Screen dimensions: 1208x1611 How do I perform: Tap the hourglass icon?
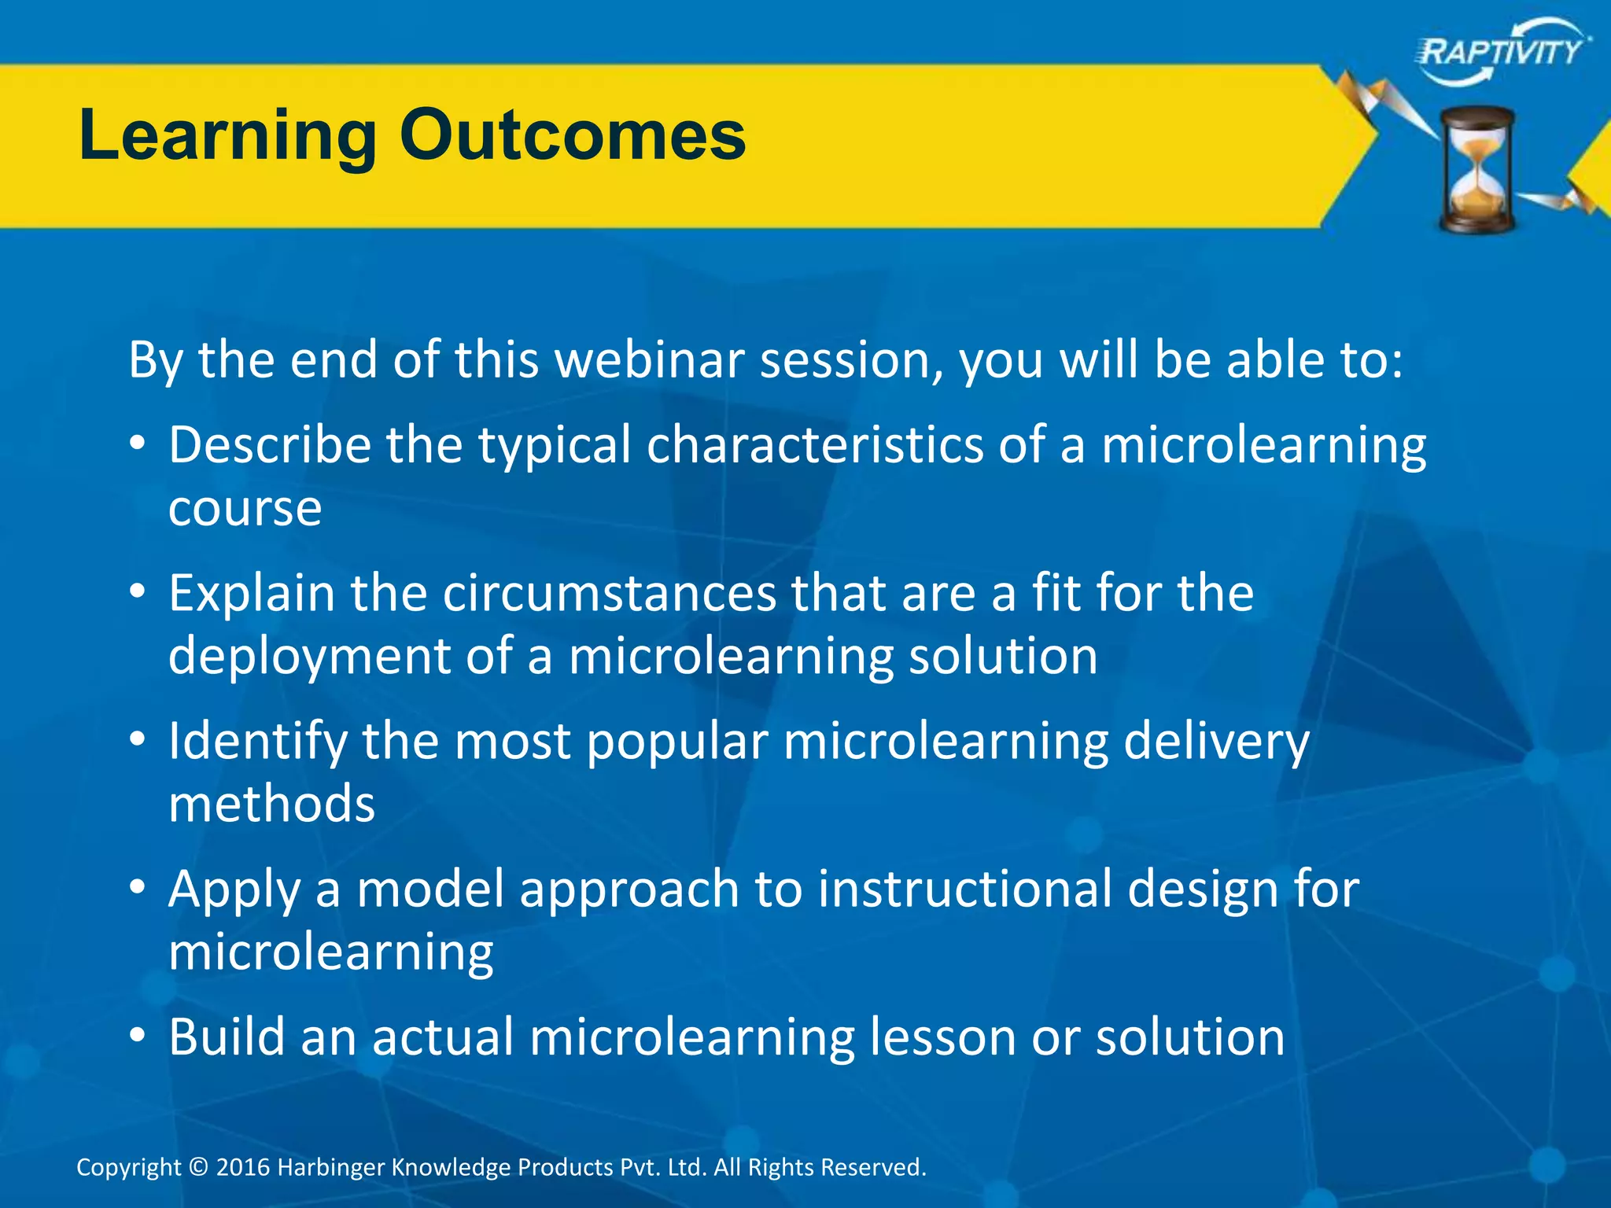[x=1477, y=171]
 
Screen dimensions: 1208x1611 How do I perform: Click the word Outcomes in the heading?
[x=572, y=135]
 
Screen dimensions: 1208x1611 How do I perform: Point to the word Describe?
[x=269, y=445]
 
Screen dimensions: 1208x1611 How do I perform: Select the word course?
[x=245, y=509]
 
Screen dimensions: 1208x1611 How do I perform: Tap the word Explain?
[x=252, y=594]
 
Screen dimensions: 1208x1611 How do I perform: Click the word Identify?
[x=257, y=742]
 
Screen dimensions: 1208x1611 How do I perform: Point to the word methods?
[x=271, y=804]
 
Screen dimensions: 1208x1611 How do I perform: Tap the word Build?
[x=227, y=1037]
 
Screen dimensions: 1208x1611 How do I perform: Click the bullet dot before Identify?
[x=138, y=740]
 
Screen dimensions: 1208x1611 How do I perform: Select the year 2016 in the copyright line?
[x=243, y=1167]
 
